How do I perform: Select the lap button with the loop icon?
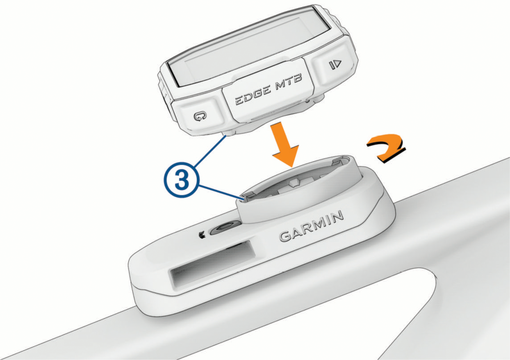point(199,116)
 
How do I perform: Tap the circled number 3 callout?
point(181,180)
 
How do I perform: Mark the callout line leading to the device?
point(210,151)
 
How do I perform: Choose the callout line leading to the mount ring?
point(221,191)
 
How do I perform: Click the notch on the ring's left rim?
point(248,196)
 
